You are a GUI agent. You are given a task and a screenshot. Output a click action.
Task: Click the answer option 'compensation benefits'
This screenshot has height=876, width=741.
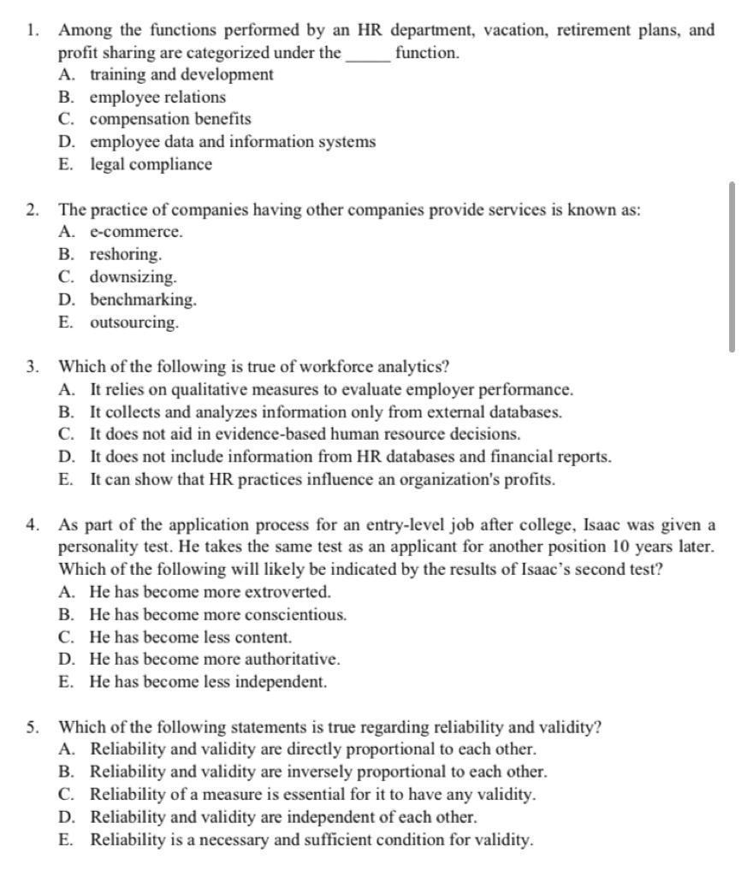point(170,119)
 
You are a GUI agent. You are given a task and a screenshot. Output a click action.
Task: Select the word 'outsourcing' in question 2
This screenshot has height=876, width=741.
point(134,323)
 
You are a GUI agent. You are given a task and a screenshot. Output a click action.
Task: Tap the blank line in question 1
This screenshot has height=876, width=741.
point(368,54)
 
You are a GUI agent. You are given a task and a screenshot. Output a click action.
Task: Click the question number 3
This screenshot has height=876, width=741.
point(32,367)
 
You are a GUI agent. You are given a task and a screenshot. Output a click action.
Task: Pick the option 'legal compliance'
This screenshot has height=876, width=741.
point(151,164)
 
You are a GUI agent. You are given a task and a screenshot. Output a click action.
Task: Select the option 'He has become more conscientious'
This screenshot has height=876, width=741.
point(217,615)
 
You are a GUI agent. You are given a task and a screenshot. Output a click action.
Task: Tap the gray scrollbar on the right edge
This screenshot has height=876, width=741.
point(732,266)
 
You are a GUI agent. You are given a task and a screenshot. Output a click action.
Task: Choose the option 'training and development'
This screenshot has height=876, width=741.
point(181,74)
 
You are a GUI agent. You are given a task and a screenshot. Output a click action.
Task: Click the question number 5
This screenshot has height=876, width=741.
point(32,728)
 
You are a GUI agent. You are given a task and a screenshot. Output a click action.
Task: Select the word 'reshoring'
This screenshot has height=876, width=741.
point(126,255)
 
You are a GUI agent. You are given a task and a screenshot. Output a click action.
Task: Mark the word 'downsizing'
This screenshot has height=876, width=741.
point(133,277)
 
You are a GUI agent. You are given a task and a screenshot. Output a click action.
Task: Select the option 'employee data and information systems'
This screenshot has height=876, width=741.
point(233,142)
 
